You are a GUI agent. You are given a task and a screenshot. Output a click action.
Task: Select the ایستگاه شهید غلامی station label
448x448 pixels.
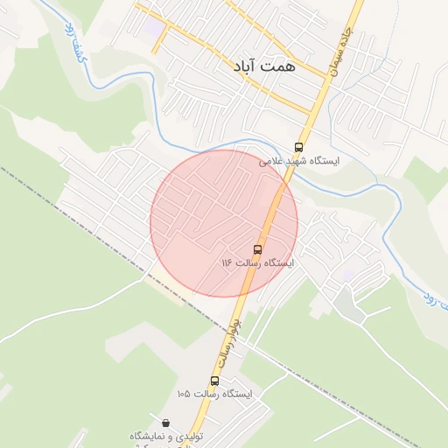[x=299, y=162]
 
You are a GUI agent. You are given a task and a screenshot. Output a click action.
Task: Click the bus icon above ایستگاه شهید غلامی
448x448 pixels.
[x=299, y=147]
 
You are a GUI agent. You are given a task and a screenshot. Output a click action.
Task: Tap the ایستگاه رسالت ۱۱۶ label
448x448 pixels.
[x=257, y=262]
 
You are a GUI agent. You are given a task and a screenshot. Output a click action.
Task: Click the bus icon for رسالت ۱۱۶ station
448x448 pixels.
[x=257, y=248]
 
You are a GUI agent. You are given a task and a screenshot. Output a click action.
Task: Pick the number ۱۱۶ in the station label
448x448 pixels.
[x=226, y=262]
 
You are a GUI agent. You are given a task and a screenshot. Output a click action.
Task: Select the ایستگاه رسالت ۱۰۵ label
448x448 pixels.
[x=214, y=395]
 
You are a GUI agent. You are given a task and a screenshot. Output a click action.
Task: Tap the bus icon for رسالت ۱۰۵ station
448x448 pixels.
[x=214, y=381]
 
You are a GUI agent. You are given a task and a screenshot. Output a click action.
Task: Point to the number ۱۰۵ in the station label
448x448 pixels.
[x=183, y=395]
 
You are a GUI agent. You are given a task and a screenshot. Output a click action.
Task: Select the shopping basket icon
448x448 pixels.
[x=166, y=422]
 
